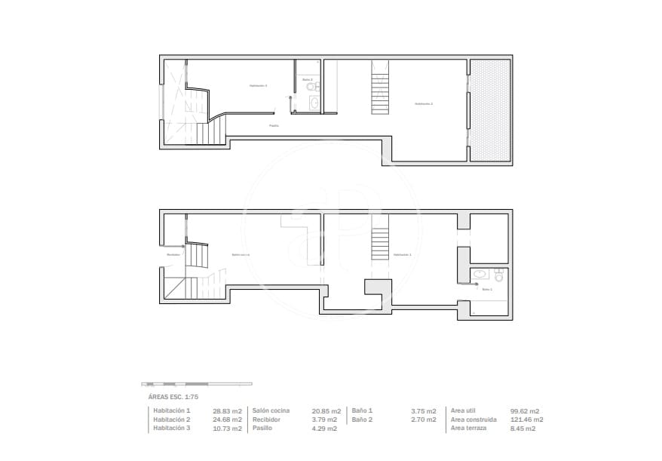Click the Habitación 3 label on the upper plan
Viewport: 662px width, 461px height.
pos(259,86)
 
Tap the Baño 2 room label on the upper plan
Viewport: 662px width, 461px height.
pos(308,79)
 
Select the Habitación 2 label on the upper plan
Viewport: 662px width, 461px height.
pos(423,103)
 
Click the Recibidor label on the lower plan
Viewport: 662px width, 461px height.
pos(173,254)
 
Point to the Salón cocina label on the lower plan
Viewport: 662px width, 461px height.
pos(241,255)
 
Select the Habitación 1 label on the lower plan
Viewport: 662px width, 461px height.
pos(403,255)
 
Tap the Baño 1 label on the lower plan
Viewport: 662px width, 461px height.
pos(486,289)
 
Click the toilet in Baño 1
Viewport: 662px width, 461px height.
pos(498,274)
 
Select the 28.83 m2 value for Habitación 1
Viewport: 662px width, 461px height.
pos(228,410)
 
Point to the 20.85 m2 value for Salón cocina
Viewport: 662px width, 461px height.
pos(326,410)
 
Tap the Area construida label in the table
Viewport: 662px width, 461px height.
pos(474,420)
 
